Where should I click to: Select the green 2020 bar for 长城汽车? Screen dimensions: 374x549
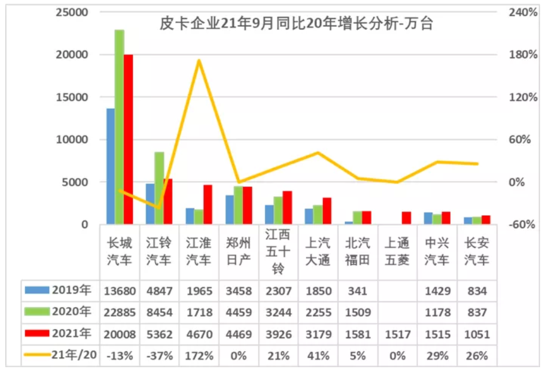point(119,126)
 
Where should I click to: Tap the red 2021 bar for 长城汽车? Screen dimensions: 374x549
point(128,139)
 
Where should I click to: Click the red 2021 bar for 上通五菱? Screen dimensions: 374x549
point(406,218)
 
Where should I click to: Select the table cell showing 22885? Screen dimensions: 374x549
point(120,312)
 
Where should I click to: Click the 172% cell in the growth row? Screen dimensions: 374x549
point(199,356)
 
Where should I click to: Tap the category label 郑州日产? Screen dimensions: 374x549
point(238,251)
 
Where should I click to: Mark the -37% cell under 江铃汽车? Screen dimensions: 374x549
point(159,356)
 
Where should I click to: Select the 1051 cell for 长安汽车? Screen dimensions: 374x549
point(476,334)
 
